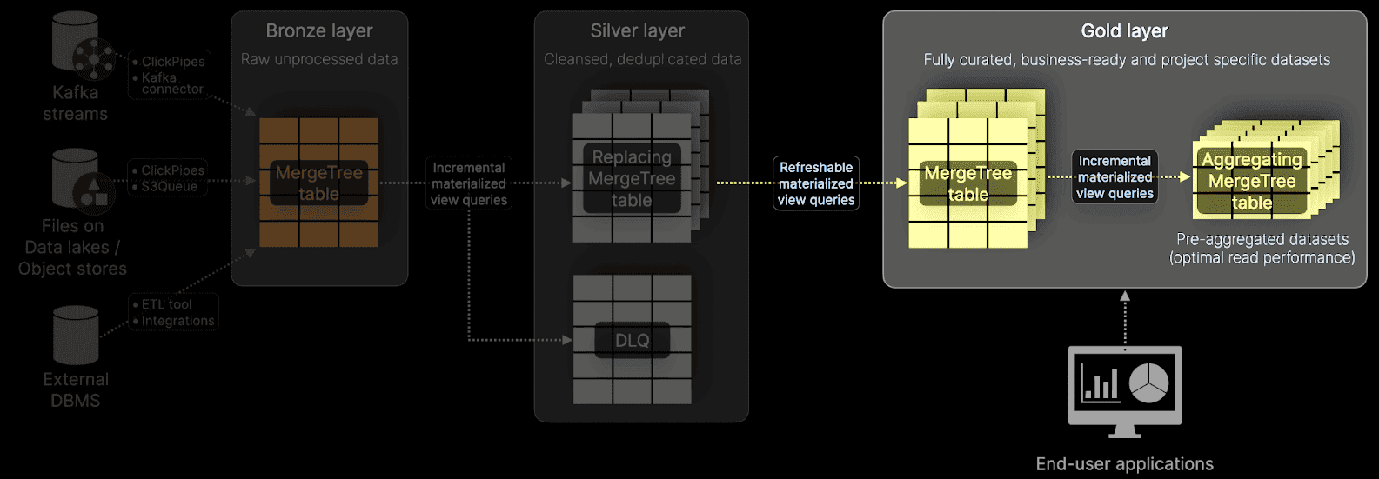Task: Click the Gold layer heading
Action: (x=1124, y=31)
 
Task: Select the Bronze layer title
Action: (x=319, y=31)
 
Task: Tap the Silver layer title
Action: (x=638, y=31)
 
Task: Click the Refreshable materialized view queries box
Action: (x=816, y=183)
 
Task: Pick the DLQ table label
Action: (x=633, y=341)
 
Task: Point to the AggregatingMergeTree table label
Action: (x=1252, y=182)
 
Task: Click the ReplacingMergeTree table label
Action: (x=633, y=179)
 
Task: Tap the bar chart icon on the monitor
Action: (x=1100, y=383)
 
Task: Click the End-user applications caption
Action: (x=1124, y=464)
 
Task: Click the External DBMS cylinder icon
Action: (x=76, y=335)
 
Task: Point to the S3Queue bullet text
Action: (x=170, y=187)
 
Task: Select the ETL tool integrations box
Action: (x=173, y=312)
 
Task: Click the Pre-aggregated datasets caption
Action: (x=1262, y=249)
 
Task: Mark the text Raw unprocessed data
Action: (x=319, y=60)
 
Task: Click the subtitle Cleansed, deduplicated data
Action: (x=642, y=60)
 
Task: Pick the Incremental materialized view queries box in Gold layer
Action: (x=1115, y=177)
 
